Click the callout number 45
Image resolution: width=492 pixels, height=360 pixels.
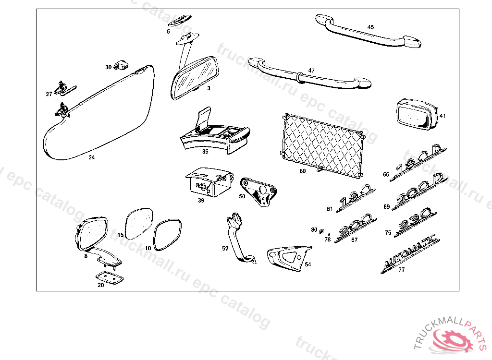[370, 27]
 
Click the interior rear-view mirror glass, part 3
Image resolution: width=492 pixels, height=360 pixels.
[194, 78]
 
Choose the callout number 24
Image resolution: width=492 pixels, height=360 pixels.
[92, 157]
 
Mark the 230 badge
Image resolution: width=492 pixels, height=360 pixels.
[415, 224]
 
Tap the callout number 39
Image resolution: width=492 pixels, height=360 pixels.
[201, 200]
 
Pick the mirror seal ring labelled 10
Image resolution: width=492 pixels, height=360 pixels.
[168, 235]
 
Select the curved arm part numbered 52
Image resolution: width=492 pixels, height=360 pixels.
[238, 239]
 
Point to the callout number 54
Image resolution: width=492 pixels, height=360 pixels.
[307, 264]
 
